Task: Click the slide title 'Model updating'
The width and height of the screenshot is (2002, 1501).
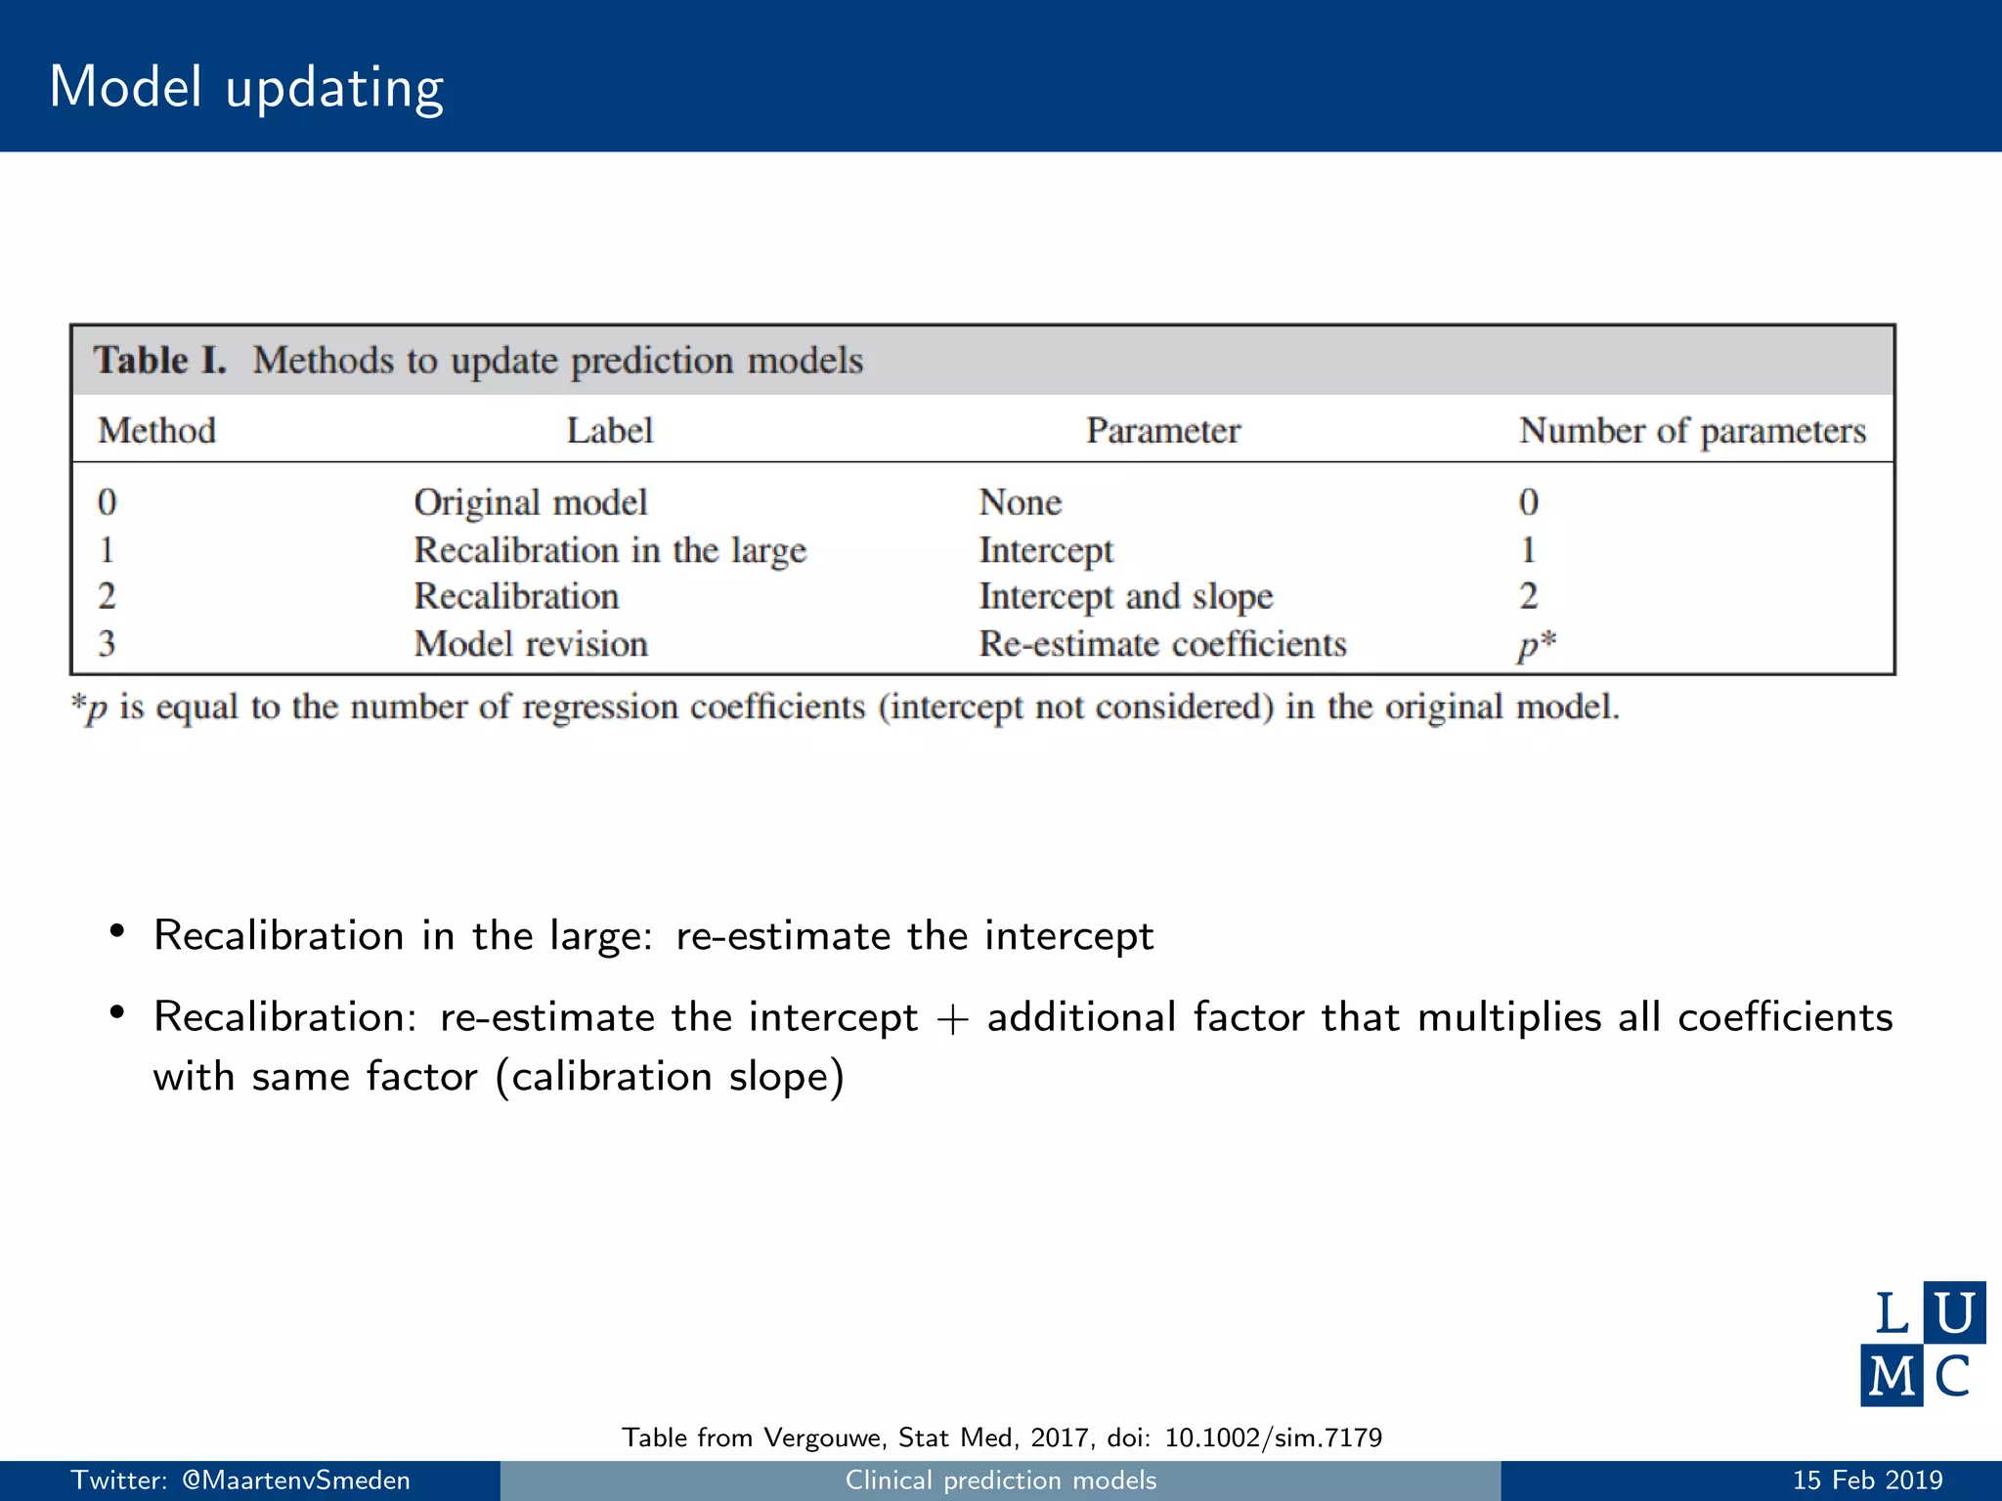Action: click(x=246, y=88)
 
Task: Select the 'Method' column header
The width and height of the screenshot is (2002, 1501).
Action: click(x=156, y=431)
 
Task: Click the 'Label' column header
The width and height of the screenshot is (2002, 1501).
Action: click(x=610, y=431)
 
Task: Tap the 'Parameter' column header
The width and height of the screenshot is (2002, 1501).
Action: click(x=1162, y=431)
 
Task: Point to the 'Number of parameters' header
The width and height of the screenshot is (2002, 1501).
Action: click(x=1692, y=431)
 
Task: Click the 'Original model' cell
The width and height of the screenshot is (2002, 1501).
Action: click(x=531, y=502)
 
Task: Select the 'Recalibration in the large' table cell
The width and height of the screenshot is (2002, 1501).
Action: click(x=610, y=550)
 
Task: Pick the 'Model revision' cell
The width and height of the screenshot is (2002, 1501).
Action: click(x=531, y=644)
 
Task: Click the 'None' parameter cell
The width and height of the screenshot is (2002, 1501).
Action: click(x=1020, y=502)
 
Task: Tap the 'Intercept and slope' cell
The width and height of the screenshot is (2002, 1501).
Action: click(x=1126, y=597)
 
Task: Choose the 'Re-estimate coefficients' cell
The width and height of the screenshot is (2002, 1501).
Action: click(x=1162, y=644)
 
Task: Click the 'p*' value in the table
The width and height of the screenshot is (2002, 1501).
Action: click(x=1536, y=645)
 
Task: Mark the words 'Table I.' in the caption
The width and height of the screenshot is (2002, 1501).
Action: click(x=159, y=361)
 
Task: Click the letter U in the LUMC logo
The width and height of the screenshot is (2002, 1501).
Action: click(x=1954, y=1312)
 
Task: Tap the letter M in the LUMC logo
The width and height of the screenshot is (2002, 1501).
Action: click(x=1892, y=1376)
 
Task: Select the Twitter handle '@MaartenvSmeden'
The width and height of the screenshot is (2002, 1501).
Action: click(x=295, y=1480)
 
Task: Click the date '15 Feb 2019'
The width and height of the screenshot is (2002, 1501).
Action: click(x=1867, y=1480)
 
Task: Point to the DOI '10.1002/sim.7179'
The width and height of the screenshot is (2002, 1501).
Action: click(x=1273, y=1437)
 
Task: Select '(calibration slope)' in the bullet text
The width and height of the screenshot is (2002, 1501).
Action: click(x=670, y=1078)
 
